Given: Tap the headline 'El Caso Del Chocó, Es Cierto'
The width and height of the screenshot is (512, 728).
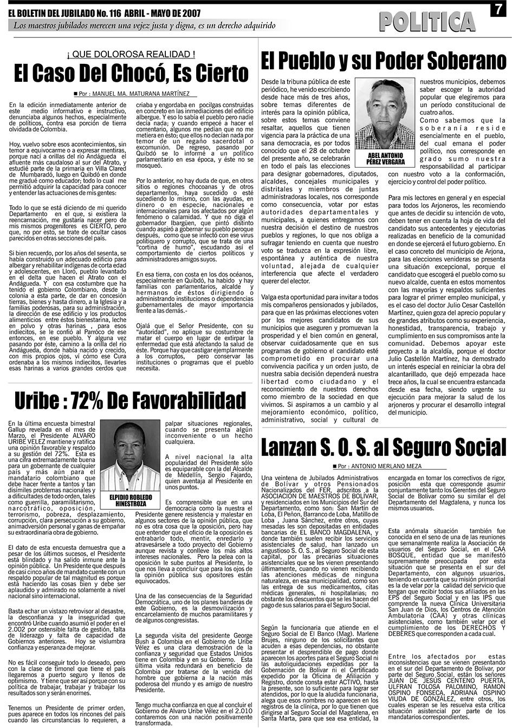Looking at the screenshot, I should pyautogui.click(x=131, y=73).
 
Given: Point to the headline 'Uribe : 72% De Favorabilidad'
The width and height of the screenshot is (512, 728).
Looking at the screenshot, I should pyautogui.click(x=129, y=401).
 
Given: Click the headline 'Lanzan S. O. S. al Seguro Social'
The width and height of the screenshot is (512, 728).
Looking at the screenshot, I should pyautogui.click(x=383, y=448).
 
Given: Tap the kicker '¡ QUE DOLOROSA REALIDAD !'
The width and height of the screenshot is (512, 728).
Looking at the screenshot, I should pyautogui.click(x=131, y=54).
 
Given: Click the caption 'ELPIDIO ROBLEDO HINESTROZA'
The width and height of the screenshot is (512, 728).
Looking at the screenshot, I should pyautogui.click(x=131, y=500).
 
